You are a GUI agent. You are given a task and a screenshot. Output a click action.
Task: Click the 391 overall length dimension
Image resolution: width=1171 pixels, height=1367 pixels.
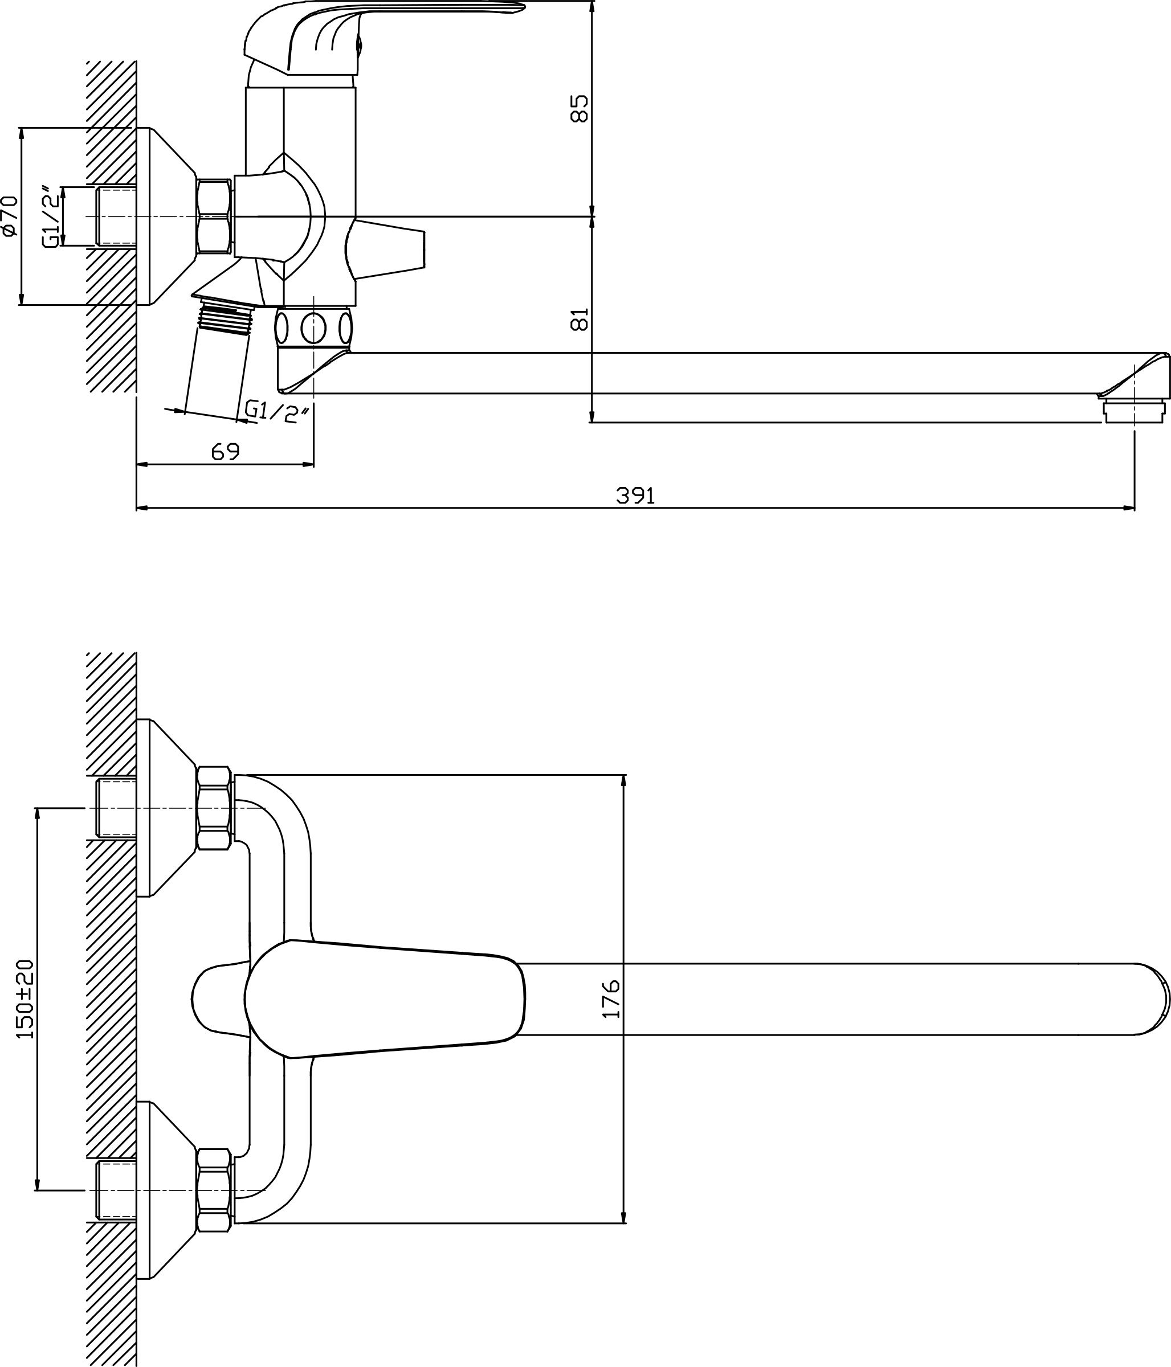coord(635,495)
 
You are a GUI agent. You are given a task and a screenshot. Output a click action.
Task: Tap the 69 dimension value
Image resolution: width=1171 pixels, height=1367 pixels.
coord(225,452)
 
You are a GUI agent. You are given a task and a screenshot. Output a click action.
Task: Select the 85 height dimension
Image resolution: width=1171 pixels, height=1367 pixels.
coord(579,108)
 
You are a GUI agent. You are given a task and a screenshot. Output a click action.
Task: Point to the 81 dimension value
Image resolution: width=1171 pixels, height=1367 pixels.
coord(579,320)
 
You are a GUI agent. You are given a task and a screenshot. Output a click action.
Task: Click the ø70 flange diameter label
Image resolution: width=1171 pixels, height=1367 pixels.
coord(9,216)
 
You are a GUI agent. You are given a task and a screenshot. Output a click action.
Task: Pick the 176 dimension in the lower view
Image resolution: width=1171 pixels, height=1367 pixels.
coord(612,999)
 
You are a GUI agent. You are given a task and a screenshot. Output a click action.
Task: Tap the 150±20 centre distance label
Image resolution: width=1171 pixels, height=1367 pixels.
coord(25,1000)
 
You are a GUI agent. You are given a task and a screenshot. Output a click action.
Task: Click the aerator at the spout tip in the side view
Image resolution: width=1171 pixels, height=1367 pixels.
coord(1134,408)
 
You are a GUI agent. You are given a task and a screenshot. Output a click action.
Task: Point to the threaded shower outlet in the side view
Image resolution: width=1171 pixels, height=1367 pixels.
coord(225,317)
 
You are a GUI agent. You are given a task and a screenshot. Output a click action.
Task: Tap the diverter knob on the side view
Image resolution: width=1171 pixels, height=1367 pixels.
coord(386,250)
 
